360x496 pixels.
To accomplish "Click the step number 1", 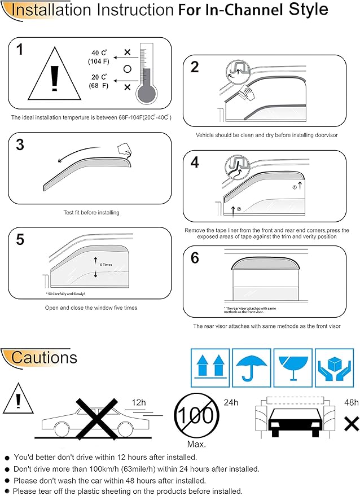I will click(x=21, y=50).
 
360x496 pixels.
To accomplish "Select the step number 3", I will click(x=20, y=144).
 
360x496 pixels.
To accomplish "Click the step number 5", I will click(x=20, y=239).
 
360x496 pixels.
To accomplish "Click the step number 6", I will click(x=195, y=258).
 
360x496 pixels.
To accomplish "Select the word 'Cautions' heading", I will click(x=44, y=357).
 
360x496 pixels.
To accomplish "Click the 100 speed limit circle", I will click(x=195, y=416).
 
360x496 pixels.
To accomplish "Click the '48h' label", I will click(x=351, y=403).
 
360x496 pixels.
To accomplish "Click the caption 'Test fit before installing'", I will click(x=91, y=213).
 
